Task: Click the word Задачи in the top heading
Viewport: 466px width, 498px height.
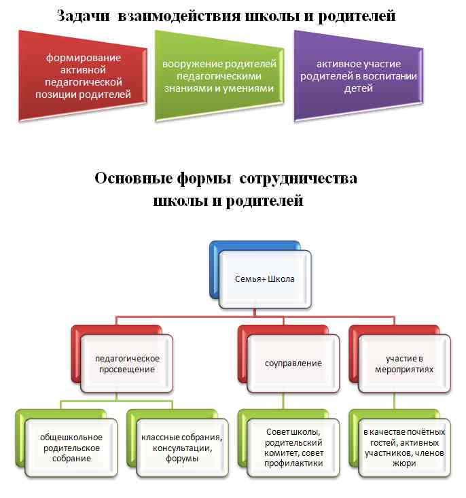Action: (x=84, y=16)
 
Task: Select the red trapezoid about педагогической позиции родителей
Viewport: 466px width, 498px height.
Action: (x=83, y=75)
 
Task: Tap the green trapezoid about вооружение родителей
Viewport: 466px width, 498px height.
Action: (x=219, y=75)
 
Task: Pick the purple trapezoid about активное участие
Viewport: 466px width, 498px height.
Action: (x=359, y=75)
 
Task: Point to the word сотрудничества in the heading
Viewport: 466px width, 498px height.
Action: (x=298, y=179)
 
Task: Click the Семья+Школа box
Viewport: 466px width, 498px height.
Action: (x=265, y=279)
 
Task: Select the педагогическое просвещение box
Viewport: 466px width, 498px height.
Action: (x=127, y=363)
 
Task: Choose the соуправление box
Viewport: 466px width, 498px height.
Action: (x=293, y=363)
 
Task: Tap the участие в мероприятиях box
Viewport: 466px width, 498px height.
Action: (x=404, y=363)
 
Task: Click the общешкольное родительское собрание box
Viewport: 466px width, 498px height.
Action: (x=71, y=448)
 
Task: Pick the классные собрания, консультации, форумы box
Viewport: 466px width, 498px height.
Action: (x=182, y=448)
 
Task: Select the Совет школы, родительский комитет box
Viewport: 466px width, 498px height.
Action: (x=293, y=448)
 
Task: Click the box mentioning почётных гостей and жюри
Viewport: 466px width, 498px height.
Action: (x=404, y=448)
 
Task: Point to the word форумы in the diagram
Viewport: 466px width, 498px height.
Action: (x=182, y=459)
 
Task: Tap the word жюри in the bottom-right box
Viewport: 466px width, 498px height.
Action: (x=404, y=463)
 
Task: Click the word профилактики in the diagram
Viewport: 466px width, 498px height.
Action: (x=293, y=463)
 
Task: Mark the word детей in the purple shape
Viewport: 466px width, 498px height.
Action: (x=359, y=88)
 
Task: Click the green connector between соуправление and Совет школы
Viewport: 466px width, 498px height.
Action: (x=283, y=401)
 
